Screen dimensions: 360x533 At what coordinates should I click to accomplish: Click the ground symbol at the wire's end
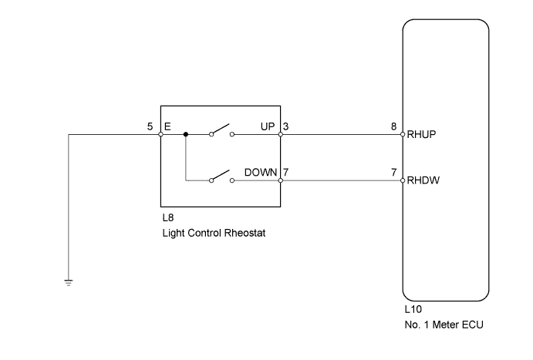tap(69, 282)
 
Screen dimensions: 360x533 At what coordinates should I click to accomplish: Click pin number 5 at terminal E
tap(150, 125)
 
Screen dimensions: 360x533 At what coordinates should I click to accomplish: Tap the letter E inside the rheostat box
tap(167, 125)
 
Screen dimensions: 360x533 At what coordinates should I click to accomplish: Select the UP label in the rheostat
tap(268, 125)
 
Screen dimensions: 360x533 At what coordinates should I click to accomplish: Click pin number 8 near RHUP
tap(395, 125)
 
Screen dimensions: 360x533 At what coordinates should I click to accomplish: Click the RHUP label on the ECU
tap(422, 135)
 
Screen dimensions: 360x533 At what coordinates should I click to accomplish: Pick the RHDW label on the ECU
tap(422, 182)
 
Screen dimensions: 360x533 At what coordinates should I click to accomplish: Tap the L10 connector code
tap(413, 308)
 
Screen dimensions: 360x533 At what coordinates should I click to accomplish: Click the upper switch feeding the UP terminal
tap(222, 130)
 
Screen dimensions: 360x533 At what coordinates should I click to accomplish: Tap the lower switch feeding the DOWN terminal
tap(222, 177)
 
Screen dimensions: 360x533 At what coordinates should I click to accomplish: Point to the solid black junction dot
tap(186, 134)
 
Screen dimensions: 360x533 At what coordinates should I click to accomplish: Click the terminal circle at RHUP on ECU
tap(403, 134)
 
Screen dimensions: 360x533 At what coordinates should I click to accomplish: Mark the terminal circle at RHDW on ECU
tap(403, 181)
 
